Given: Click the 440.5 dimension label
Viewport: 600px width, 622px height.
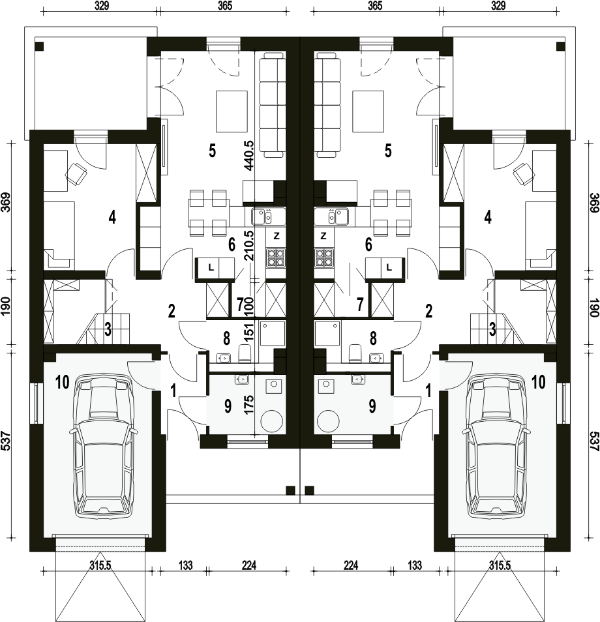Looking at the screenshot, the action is [x=250, y=155].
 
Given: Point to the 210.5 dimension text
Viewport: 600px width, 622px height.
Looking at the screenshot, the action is [x=250, y=245].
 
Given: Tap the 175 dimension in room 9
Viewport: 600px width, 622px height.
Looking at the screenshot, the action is [x=250, y=404].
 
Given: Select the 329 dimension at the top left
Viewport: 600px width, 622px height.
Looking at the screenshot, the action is [x=102, y=6].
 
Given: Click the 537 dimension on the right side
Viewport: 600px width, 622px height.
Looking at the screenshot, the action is [x=593, y=436].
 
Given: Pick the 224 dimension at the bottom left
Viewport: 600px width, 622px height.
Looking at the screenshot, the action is [x=248, y=565].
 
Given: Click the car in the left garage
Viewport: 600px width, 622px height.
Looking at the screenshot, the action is [x=103, y=445].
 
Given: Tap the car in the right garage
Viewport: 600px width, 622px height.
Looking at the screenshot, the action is [x=496, y=445].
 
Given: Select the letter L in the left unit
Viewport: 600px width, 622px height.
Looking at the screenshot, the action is [x=211, y=268].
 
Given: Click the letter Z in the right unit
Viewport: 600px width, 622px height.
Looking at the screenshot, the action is [x=323, y=236].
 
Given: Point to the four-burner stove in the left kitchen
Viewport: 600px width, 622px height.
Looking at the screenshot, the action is [x=276, y=258].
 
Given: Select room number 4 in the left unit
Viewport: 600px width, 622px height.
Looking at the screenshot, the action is [x=112, y=217].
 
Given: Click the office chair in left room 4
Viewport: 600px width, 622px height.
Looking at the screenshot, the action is [x=76, y=174].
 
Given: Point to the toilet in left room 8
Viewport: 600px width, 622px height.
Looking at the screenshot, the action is [x=244, y=353].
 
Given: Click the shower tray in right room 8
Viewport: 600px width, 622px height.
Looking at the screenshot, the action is [x=328, y=333].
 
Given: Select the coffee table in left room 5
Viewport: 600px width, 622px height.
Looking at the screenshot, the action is [x=232, y=111].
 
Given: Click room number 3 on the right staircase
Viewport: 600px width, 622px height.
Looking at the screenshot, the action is [x=492, y=329].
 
